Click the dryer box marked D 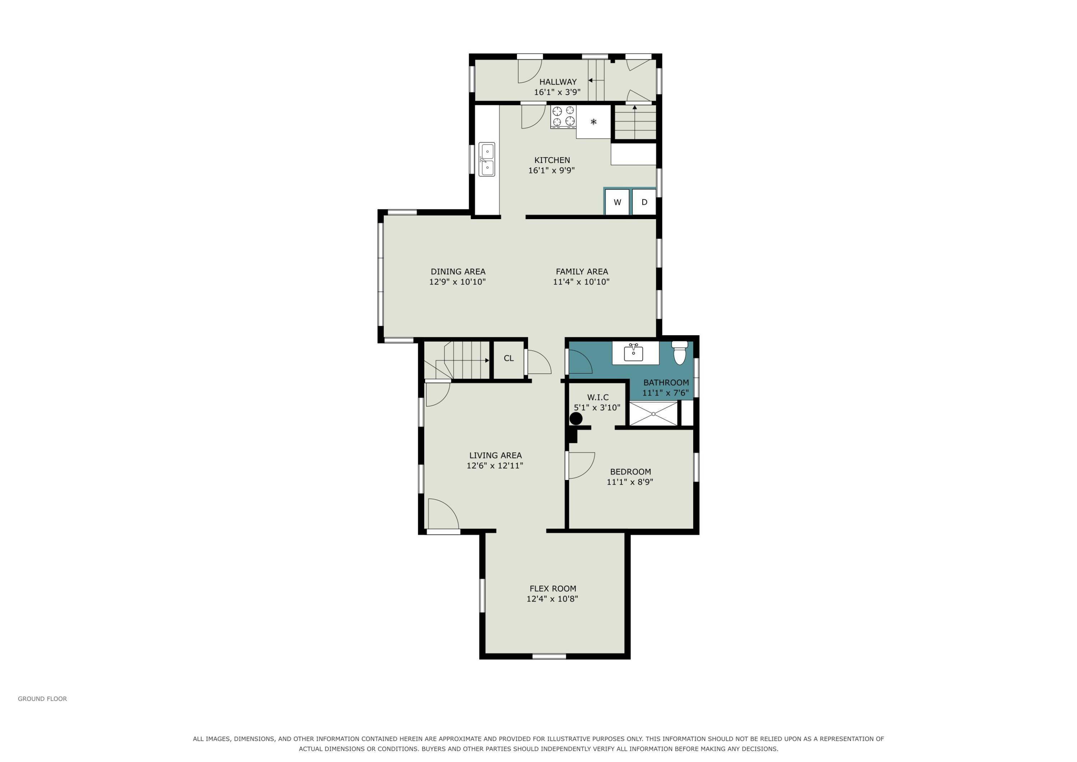[644, 202]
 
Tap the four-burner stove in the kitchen [563, 117]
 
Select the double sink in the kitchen [486, 159]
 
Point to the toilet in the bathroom [680, 352]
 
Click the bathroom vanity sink [633, 352]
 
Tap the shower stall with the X [653, 414]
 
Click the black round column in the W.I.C [576, 418]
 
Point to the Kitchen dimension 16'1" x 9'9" [552, 170]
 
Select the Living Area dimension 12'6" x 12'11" [495, 465]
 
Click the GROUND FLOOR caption [42, 699]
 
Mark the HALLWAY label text [558, 82]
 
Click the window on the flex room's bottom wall [549, 656]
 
